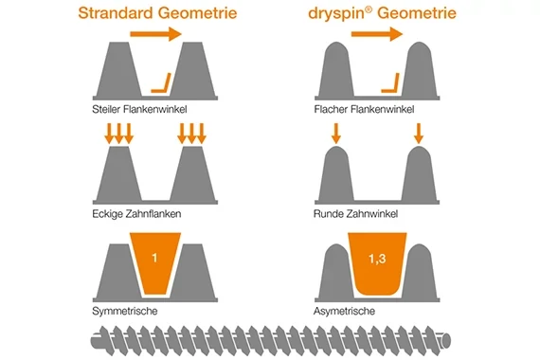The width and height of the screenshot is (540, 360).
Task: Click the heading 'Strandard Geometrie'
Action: (156, 14)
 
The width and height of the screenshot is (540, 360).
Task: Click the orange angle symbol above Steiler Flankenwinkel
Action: (163, 84)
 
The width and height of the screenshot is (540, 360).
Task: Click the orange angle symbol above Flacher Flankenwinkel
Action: (388, 83)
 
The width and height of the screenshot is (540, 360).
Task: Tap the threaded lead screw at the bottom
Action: (270, 338)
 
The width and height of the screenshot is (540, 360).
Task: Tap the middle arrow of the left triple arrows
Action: (119, 134)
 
